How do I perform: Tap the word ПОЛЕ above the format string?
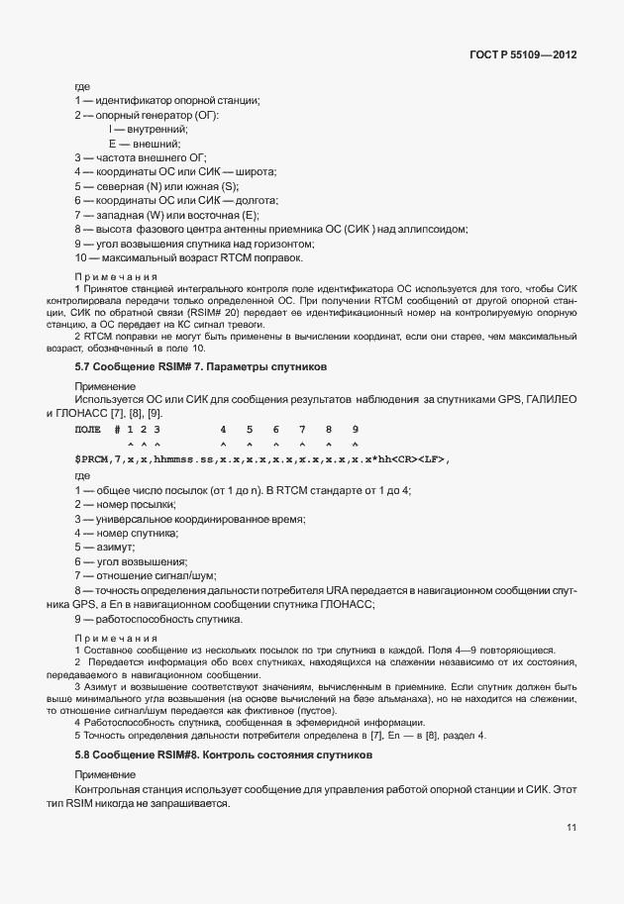click(x=88, y=429)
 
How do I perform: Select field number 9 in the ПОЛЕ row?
click(x=355, y=429)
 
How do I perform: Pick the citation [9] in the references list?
click(x=156, y=412)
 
